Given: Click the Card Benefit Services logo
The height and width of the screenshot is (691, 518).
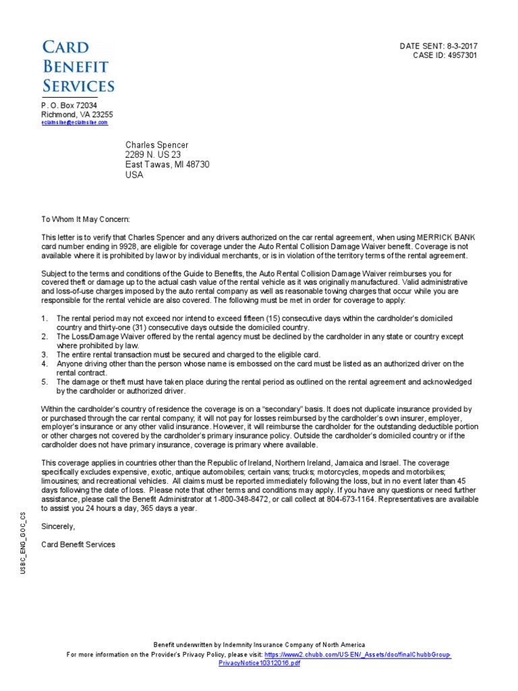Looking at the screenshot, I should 78,66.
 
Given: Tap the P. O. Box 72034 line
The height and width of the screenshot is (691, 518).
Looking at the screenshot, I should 69,106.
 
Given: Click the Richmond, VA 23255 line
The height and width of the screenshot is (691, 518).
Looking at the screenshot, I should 77,115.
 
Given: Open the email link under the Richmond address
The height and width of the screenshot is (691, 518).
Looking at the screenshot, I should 74,123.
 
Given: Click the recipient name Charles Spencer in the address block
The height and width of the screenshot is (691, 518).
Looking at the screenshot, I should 156,145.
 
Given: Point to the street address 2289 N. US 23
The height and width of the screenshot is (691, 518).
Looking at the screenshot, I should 153,155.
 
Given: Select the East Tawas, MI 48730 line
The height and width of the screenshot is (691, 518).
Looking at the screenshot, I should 167,165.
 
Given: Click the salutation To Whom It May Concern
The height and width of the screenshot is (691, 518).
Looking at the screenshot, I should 85,219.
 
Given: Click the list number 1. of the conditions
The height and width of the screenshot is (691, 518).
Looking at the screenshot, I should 45,318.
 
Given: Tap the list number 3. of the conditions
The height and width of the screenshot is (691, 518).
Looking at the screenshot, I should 45,354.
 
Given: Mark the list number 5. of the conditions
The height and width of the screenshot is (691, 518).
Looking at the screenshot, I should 45,382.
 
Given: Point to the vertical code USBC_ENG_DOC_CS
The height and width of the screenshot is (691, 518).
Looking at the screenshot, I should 23,543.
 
